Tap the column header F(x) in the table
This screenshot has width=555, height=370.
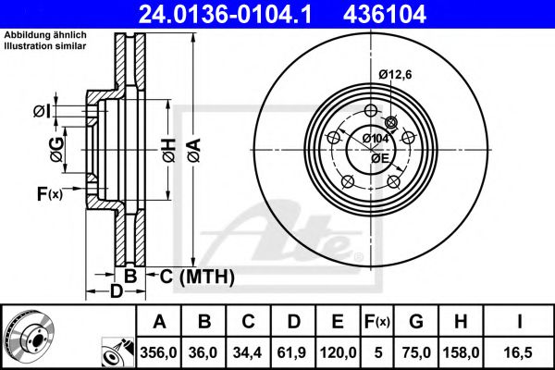click(377, 322)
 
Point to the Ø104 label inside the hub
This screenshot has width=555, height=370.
click(376, 138)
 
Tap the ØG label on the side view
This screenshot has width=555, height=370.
click(58, 146)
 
